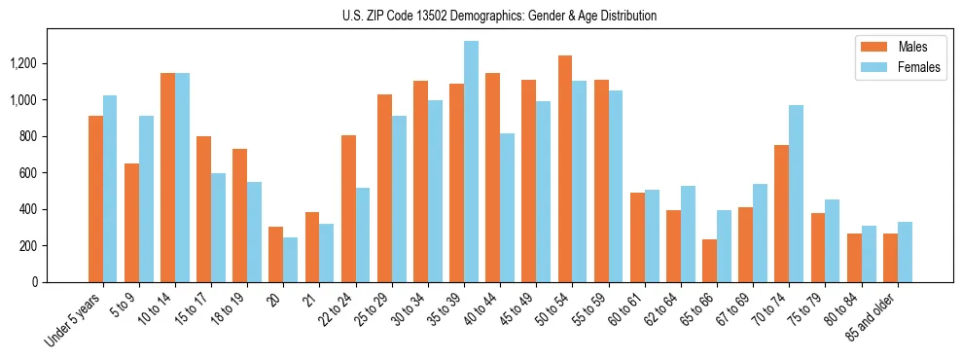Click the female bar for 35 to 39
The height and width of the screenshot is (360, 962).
pyautogui.click(x=471, y=162)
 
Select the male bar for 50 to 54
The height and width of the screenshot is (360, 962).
pyautogui.click(x=565, y=168)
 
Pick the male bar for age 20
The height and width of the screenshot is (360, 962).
pyautogui.click(x=276, y=254)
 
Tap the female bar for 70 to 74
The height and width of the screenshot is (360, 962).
pyautogui.click(x=796, y=194)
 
